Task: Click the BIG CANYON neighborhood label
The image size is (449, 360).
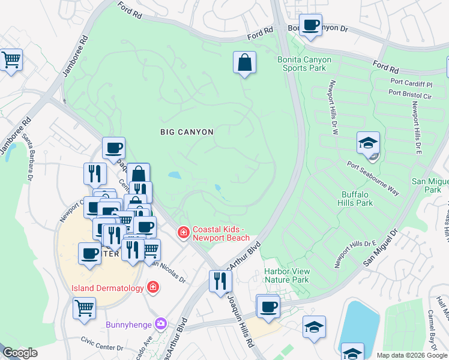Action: click(x=187, y=131)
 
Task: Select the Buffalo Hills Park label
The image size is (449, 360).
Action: click(x=357, y=199)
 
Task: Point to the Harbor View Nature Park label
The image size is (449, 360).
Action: click(x=287, y=275)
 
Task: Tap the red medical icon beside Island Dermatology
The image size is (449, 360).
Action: click(x=153, y=288)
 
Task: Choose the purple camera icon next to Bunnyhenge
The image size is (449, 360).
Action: click(x=160, y=325)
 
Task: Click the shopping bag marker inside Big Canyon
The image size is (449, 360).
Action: click(x=244, y=62)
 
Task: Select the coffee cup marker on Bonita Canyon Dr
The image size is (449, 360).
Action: click(x=310, y=26)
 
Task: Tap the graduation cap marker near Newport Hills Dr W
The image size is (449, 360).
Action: click(x=368, y=143)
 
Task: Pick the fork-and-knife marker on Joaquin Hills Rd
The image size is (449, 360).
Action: click(x=220, y=280)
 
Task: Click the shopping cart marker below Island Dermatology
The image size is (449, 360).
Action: click(x=85, y=308)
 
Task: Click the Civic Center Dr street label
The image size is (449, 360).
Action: click(x=102, y=347)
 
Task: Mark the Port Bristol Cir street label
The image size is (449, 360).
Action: click(x=410, y=93)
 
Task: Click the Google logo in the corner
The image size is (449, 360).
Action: click(x=20, y=353)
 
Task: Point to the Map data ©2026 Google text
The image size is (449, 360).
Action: click(x=411, y=355)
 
